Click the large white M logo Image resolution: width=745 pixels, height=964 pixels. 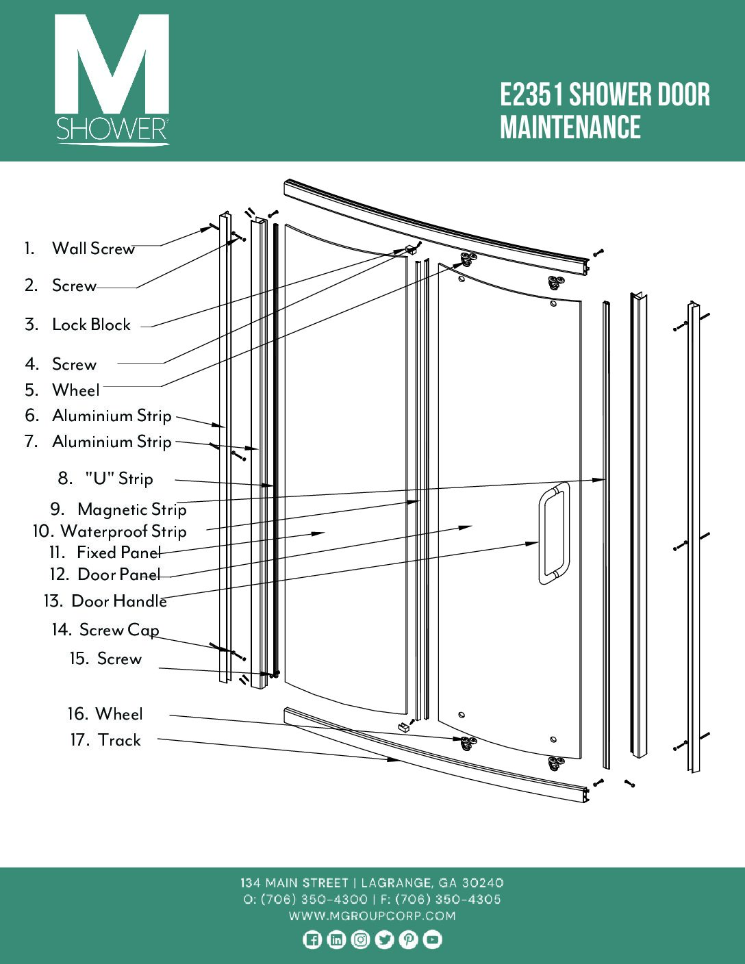pyautogui.click(x=112, y=65)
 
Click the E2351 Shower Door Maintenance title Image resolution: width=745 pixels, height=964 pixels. pyautogui.click(x=605, y=111)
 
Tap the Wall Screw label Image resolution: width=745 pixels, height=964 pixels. pyautogui.click(x=93, y=249)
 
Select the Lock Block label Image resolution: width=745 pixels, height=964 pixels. pyautogui.click(x=91, y=325)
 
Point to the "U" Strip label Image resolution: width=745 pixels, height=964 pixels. pyautogui.click(x=118, y=479)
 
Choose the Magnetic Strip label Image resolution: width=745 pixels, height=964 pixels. pyautogui.click(x=131, y=509)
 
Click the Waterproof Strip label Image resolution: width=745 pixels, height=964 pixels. pyautogui.click(x=123, y=531)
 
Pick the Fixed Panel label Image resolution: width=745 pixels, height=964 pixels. pyautogui.click(x=118, y=553)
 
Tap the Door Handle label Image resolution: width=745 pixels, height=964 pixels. pyautogui.click(x=119, y=601)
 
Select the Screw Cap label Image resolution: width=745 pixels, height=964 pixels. pyautogui.click(x=119, y=630)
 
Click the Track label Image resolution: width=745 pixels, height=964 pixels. pyautogui.click(x=118, y=740)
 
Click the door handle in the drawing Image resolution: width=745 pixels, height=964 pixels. pyautogui.click(x=553, y=533)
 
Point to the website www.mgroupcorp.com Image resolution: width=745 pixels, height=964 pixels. pyautogui.click(x=372, y=916)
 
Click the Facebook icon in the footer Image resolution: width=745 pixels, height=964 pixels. pyautogui.click(x=312, y=940)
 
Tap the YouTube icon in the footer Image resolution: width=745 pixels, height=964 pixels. pyautogui.click(x=432, y=940)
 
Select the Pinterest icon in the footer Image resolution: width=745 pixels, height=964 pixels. pyautogui.click(x=408, y=940)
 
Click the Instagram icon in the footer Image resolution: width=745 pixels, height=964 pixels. pyautogui.click(x=360, y=940)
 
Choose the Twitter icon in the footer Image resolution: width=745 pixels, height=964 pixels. pyautogui.click(x=384, y=940)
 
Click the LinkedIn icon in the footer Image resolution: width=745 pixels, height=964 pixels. pyautogui.click(x=336, y=940)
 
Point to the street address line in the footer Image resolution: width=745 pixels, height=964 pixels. pyautogui.click(x=372, y=883)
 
